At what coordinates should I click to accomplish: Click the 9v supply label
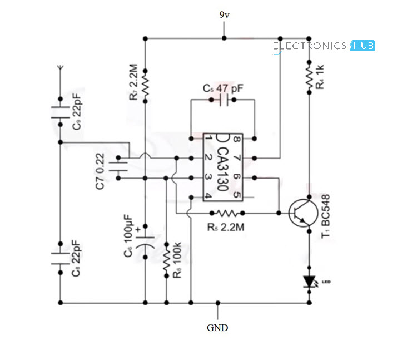224,15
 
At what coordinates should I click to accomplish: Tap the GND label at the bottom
217,328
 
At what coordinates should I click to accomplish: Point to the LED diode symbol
308,283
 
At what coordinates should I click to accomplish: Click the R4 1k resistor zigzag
308,76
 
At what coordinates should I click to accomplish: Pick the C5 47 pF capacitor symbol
223,101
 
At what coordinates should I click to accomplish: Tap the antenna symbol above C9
59,70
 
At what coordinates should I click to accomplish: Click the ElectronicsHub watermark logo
324,46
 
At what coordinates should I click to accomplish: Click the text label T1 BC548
326,216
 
